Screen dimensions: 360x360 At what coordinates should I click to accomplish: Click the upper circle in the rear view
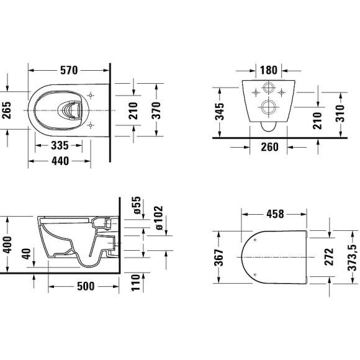tap(269, 88)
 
